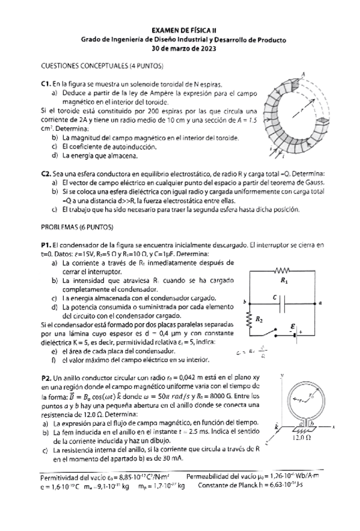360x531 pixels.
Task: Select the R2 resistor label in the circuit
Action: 259,320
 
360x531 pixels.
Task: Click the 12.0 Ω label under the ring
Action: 303,438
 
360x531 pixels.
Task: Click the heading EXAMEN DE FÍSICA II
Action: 183,30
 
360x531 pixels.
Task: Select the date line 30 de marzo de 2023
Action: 183,48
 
